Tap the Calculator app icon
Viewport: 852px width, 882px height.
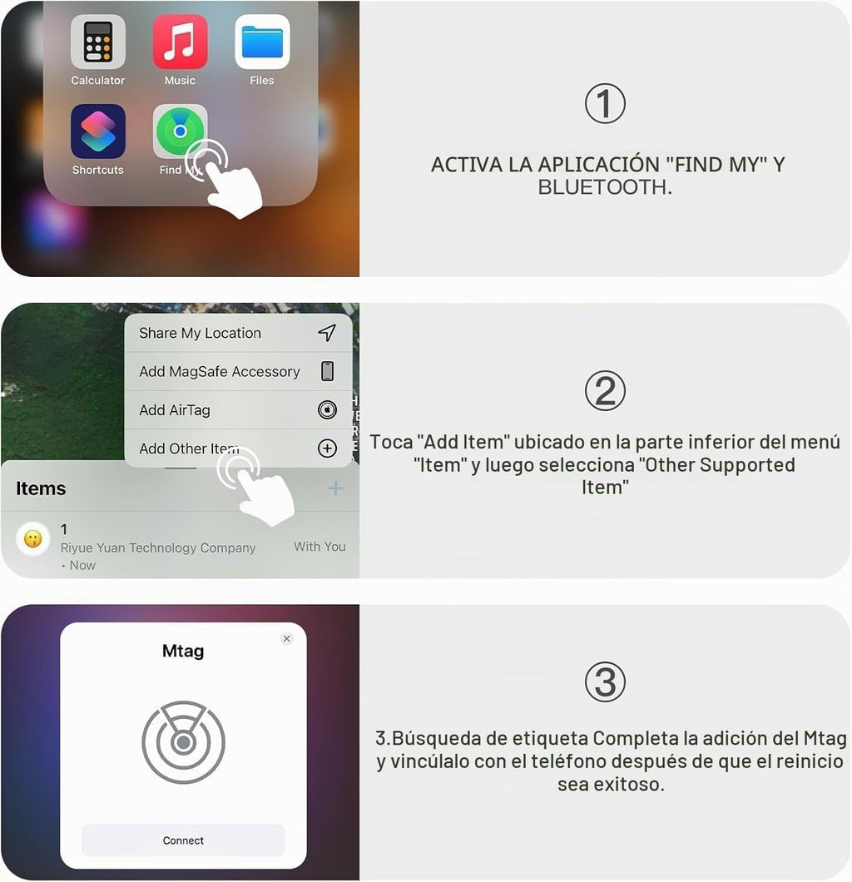pos(98,42)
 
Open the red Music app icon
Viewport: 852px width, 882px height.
pos(180,42)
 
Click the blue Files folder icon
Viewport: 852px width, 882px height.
pos(262,42)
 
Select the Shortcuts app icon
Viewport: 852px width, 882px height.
pos(98,131)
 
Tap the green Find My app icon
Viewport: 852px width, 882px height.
pos(180,131)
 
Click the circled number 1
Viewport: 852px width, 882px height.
pos(605,103)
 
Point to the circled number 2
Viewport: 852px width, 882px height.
pos(605,391)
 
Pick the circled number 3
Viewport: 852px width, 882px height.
pos(605,682)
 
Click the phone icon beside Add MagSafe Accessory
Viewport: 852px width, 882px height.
pos(327,371)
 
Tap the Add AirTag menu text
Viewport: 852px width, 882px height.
pos(175,410)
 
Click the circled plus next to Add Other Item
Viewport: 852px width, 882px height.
pos(327,448)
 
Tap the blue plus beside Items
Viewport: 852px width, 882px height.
pos(336,488)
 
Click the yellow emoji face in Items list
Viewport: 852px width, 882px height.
pos(33,539)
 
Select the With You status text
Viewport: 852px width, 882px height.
pos(319,546)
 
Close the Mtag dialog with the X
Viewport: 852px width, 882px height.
pos(287,638)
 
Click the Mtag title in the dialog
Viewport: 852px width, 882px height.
pos(183,651)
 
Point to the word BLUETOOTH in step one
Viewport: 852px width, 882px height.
pos(605,186)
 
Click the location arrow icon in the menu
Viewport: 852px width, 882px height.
pos(327,333)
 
